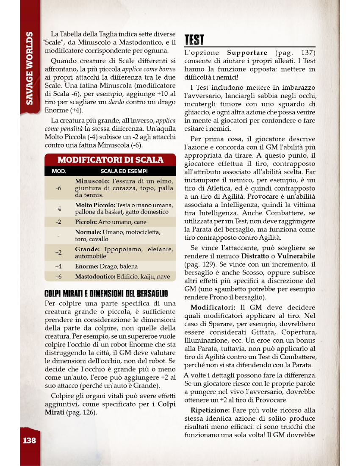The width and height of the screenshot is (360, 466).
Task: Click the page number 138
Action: [29, 440]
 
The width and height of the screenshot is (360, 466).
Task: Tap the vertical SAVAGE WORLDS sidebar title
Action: [29, 68]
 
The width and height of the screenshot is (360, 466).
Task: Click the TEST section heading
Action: [194, 40]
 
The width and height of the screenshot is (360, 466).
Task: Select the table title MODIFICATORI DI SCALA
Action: [110, 160]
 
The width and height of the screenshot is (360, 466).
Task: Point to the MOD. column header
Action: [58, 172]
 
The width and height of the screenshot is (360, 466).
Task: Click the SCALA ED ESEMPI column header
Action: [124, 172]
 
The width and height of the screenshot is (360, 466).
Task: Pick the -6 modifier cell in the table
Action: [58, 188]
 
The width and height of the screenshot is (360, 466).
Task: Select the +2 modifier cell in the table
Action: [58, 252]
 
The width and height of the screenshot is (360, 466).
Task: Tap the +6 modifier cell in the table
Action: [58, 277]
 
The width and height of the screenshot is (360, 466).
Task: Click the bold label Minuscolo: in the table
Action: [93, 181]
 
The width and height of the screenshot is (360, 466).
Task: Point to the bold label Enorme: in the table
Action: [87, 266]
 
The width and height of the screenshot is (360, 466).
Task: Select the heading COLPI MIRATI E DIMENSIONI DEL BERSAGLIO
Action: [106, 293]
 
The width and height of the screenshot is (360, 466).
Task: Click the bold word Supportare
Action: [247, 53]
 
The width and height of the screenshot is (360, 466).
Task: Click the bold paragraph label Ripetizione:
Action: [210, 410]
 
